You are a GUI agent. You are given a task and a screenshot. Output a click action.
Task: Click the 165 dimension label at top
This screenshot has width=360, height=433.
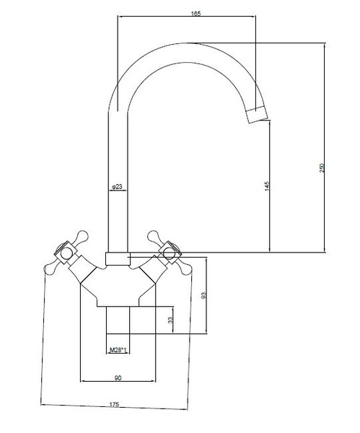coord(196,13)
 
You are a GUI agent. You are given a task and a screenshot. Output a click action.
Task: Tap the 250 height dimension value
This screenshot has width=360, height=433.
coord(322,168)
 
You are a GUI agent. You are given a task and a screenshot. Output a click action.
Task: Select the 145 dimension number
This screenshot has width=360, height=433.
coord(266,186)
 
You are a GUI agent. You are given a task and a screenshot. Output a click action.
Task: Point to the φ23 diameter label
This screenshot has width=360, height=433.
coord(117,187)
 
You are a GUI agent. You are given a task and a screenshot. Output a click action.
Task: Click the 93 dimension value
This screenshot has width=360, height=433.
coord(204,295)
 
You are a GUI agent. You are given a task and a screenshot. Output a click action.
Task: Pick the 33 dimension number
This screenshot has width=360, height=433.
coord(170,320)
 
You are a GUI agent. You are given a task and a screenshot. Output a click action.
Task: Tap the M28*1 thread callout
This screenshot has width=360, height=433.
coord(118,350)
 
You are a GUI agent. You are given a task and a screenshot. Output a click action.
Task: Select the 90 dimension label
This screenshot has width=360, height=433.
coord(118,377)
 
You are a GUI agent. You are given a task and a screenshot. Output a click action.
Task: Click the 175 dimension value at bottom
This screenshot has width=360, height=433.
coord(114,404)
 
